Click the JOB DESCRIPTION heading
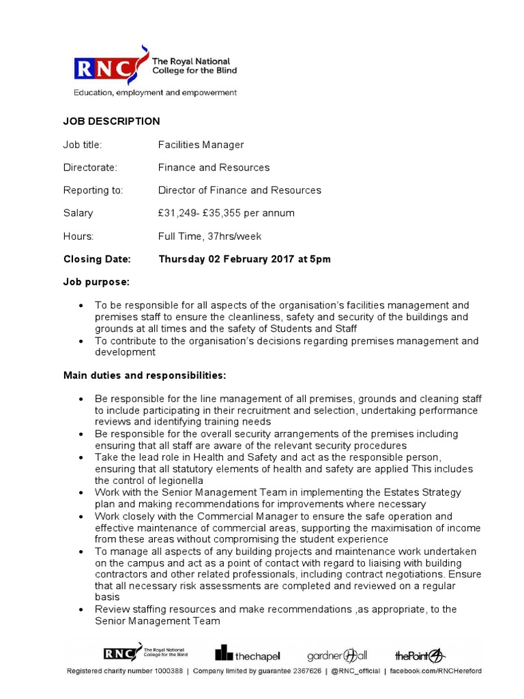[111, 122]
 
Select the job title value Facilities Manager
[201, 145]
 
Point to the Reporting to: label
[93, 190]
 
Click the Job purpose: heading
[96, 282]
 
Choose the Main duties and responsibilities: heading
[144, 375]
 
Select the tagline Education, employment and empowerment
[155, 92]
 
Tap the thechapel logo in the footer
[248, 654]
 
